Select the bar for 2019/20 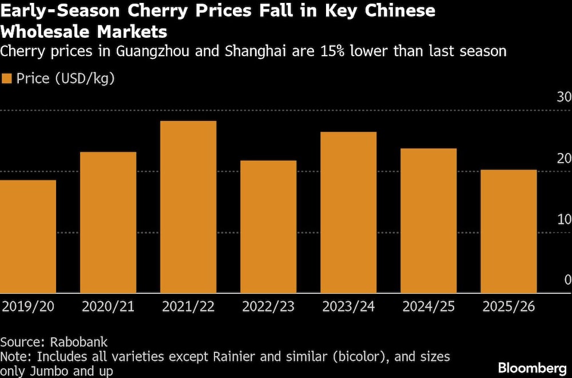[28, 237]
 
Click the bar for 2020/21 [108, 222]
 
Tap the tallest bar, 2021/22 [188, 207]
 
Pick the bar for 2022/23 [268, 227]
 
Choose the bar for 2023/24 [348, 212]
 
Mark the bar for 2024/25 [428, 220]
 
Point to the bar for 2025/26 [509, 231]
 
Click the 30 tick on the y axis [563, 97]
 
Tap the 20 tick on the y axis [563, 159]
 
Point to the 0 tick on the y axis [567, 280]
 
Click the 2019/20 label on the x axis [28, 307]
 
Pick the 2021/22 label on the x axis [188, 307]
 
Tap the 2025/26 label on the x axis [509, 307]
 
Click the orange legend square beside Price [7, 79]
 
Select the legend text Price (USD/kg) [65, 79]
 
